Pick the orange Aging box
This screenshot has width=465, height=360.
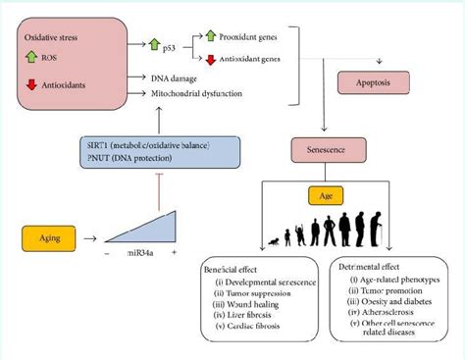(x=50, y=236)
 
